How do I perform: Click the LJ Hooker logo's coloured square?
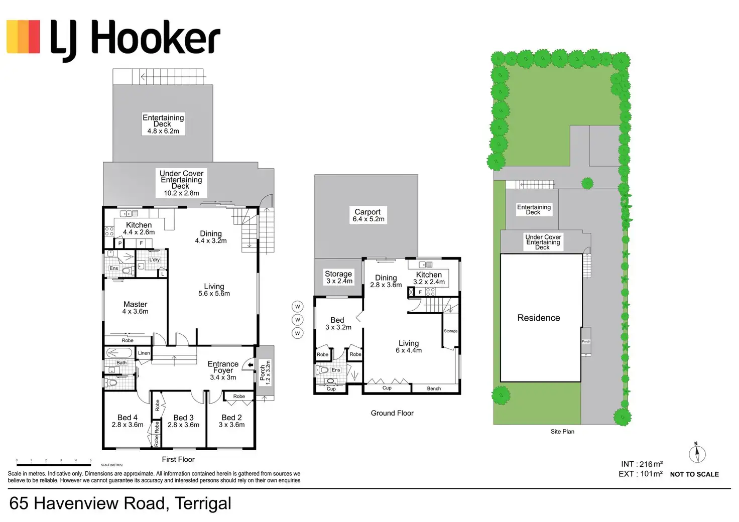(23, 37)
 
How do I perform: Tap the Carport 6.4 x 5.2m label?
(368, 215)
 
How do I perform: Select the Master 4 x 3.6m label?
(136, 308)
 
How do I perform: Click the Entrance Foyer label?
(223, 370)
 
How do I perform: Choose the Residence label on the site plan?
(539, 318)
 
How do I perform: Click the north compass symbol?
(697, 454)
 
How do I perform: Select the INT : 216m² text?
(641, 464)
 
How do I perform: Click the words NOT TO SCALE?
(694, 474)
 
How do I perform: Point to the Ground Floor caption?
(392, 413)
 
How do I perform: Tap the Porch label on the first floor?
(265, 372)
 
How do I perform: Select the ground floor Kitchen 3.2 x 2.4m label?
(429, 278)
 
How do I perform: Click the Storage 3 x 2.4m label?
(339, 277)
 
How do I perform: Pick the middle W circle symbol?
(298, 320)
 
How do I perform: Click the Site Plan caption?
(562, 431)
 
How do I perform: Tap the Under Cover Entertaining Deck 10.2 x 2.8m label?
(181, 183)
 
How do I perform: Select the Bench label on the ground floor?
(434, 388)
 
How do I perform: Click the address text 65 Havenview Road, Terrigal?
(120, 503)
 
